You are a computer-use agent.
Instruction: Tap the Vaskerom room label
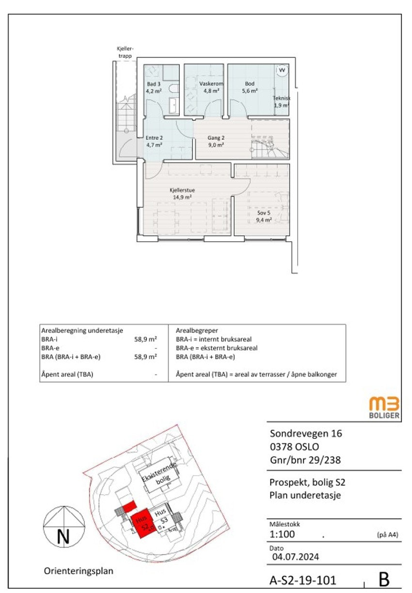point(211,84)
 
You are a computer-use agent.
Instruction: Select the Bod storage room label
point(250,84)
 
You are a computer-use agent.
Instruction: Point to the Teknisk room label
point(281,98)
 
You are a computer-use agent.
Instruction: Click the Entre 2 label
point(154,138)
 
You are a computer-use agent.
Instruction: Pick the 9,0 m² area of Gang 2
point(216,145)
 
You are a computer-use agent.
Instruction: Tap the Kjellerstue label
point(182,190)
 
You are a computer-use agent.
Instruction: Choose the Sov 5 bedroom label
point(264,213)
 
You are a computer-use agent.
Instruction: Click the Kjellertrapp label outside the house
point(125,52)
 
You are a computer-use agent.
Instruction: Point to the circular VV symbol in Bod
point(282,70)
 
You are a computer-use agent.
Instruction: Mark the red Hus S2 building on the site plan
point(143,524)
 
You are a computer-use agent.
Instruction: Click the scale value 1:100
point(282,535)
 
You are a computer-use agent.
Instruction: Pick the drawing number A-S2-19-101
point(303,580)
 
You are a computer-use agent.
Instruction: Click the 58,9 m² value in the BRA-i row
point(145,339)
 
